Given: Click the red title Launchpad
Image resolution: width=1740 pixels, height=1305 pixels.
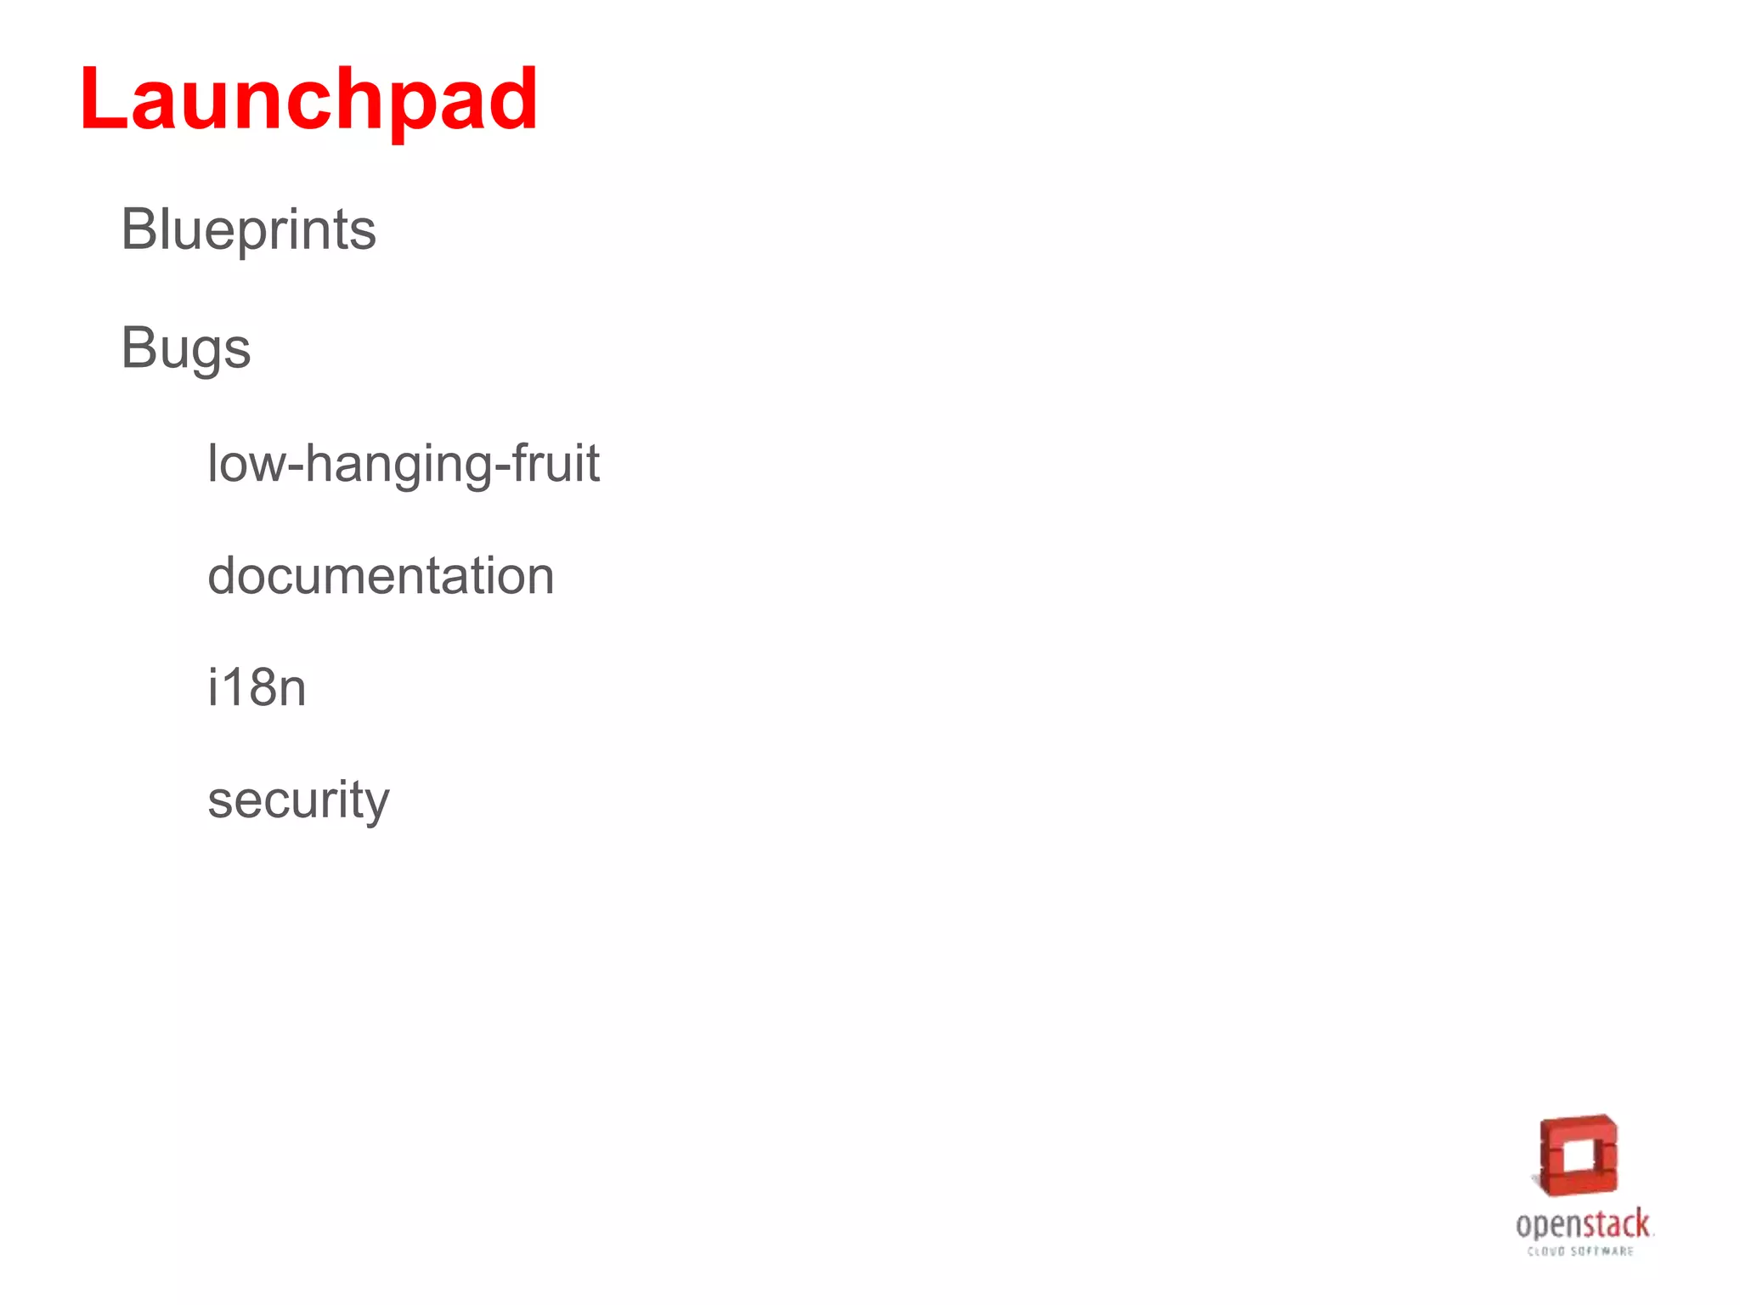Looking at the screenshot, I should click(308, 100).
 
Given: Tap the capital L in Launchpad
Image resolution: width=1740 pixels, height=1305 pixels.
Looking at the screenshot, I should click(104, 100).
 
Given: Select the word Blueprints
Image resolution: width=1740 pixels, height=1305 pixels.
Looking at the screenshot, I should click(248, 229).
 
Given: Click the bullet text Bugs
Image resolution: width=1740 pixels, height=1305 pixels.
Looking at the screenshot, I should click(185, 348).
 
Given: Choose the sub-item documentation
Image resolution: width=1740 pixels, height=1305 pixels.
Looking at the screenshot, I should click(381, 576).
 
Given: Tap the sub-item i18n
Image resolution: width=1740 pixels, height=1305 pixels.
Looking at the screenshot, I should click(257, 687).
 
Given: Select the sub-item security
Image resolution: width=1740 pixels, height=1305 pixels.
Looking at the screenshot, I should click(298, 800).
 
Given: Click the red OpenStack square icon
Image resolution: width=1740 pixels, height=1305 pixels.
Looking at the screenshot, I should click(1579, 1155).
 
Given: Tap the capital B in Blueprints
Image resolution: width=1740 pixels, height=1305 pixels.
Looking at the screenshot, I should click(138, 229).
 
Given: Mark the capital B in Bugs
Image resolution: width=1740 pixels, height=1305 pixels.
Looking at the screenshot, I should click(138, 348).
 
